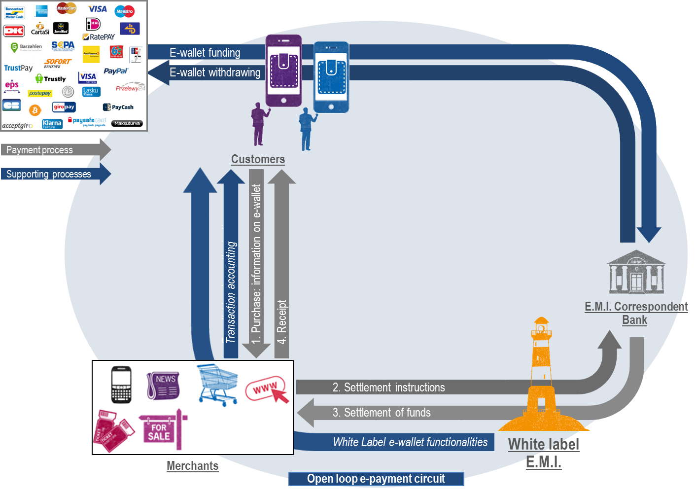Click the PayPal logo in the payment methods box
(x=116, y=71)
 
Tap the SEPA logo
(x=63, y=45)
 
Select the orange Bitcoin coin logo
(x=35, y=110)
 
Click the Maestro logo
(x=125, y=11)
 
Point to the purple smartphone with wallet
(x=283, y=70)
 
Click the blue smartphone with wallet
(x=331, y=77)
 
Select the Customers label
(x=258, y=159)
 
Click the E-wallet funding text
(x=205, y=53)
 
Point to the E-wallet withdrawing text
(x=215, y=72)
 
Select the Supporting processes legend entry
(x=49, y=174)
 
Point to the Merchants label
(x=192, y=466)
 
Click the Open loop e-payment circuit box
(x=376, y=479)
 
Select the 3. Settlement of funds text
(x=381, y=413)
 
